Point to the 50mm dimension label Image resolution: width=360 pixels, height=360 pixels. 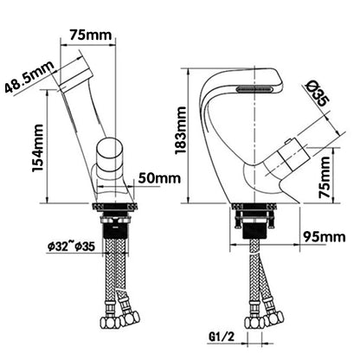coord(158,177)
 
